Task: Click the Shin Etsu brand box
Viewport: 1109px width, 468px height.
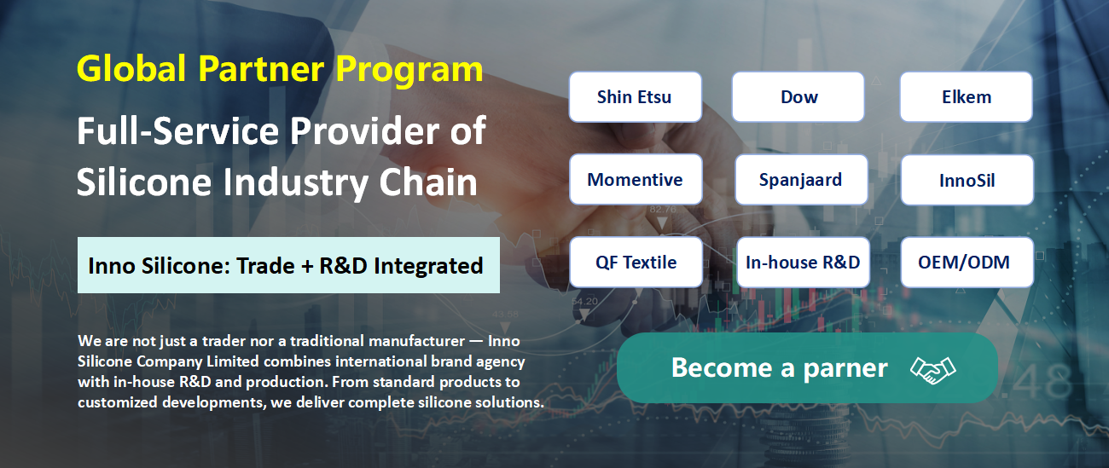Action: [636, 97]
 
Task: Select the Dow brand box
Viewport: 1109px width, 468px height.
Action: [798, 97]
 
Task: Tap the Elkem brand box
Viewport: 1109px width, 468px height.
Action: [966, 97]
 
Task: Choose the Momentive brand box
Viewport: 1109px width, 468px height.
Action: [636, 179]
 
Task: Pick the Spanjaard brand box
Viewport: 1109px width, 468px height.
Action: [801, 180]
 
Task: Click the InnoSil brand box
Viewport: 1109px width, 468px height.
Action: [967, 180]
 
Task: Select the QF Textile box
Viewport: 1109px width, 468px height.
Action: [636, 263]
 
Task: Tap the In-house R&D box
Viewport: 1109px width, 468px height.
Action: [803, 263]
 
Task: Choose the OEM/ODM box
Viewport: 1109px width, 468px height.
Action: [967, 263]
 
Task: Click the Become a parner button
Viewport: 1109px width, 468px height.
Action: [807, 367]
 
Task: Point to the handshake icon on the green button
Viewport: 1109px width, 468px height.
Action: [932, 370]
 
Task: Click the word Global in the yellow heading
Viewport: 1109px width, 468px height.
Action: [131, 68]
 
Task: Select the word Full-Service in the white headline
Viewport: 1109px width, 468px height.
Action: [178, 130]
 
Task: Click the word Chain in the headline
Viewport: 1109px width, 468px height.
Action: [428, 182]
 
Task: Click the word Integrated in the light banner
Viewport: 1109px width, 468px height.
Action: [428, 267]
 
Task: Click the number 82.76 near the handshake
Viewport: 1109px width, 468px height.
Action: [663, 209]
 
